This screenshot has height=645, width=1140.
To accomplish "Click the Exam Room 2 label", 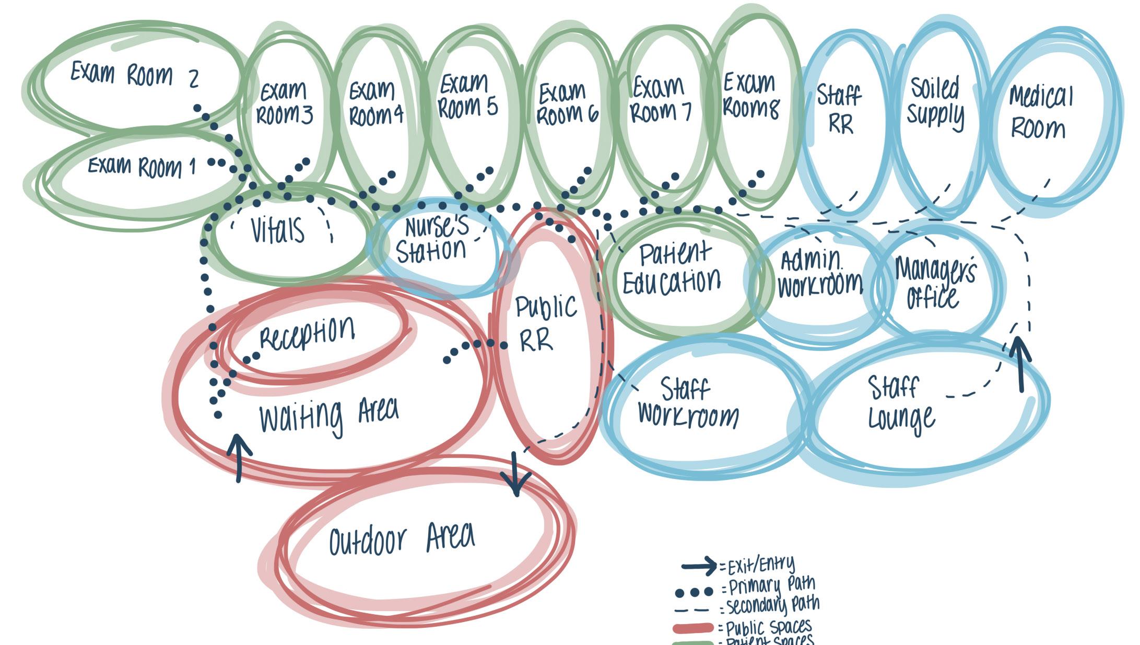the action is (x=135, y=75).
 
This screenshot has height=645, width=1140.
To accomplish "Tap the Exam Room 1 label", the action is (x=142, y=167).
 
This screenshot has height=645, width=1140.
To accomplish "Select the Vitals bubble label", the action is (x=277, y=230).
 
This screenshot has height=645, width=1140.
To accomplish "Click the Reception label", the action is (x=307, y=333).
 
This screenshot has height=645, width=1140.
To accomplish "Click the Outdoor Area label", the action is (x=402, y=539).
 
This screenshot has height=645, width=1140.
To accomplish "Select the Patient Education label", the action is (x=672, y=268).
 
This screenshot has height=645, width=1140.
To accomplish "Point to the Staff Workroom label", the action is (x=687, y=403).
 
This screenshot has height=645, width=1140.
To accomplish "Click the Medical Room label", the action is (x=1040, y=112).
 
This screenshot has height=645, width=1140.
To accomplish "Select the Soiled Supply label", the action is (x=935, y=102).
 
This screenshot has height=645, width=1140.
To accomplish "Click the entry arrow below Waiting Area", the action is (x=238, y=457).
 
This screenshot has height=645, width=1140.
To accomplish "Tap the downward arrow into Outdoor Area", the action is (x=515, y=475).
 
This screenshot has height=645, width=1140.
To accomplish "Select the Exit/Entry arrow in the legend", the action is (x=699, y=566).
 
